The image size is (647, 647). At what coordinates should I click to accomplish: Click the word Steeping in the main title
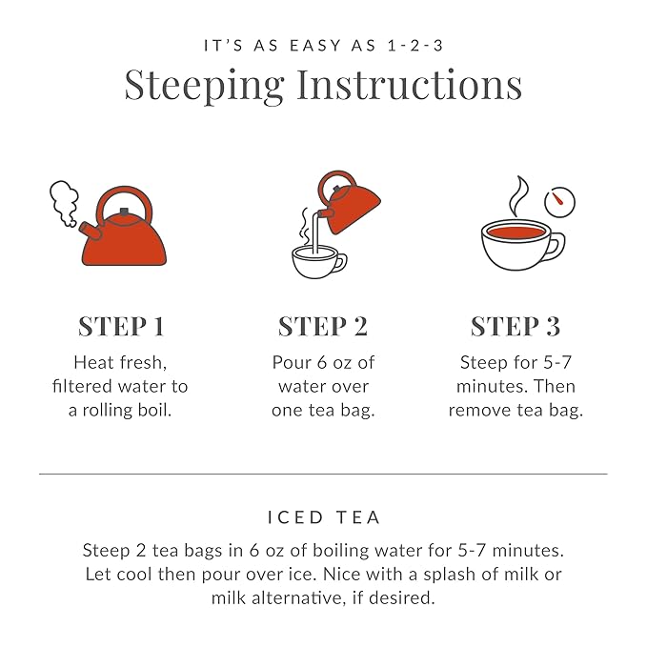click(x=206, y=85)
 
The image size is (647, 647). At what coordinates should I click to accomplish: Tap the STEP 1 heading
click(x=121, y=326)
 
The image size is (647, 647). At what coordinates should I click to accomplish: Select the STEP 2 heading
click(x=322, y=326)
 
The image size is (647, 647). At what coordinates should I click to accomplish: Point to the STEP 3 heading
click(x=516, y=326)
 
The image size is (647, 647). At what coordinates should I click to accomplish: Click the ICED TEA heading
click(x=323, y=517)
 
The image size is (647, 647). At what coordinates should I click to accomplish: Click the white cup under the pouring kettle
click(x=318, y=261)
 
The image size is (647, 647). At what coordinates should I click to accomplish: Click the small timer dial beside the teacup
click(x=560, y=202)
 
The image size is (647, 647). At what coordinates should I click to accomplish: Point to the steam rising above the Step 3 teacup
click(x=518, y=194)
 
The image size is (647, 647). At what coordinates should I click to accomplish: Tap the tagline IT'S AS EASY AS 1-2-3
click(x=323, y=45)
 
